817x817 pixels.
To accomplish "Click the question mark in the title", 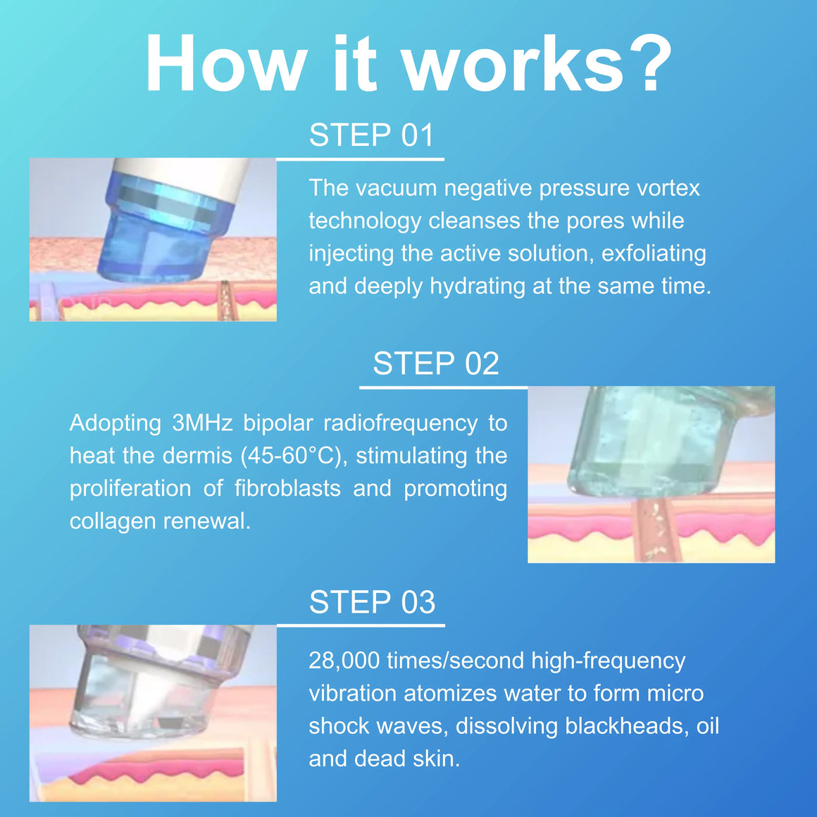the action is point(651,63).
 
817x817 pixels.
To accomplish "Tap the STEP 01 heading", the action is point(371,135).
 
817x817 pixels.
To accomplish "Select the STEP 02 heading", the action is point(436,363).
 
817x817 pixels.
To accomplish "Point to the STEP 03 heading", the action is point(372,601).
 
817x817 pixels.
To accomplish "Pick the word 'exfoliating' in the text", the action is point(654,254).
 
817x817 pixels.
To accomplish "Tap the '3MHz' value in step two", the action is point(202,423).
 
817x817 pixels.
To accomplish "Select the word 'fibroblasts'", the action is point(287,488).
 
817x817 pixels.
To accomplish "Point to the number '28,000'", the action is point(344,661).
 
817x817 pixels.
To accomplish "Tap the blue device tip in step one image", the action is point(164,230).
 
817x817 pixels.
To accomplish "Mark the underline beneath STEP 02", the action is point(444,387).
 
